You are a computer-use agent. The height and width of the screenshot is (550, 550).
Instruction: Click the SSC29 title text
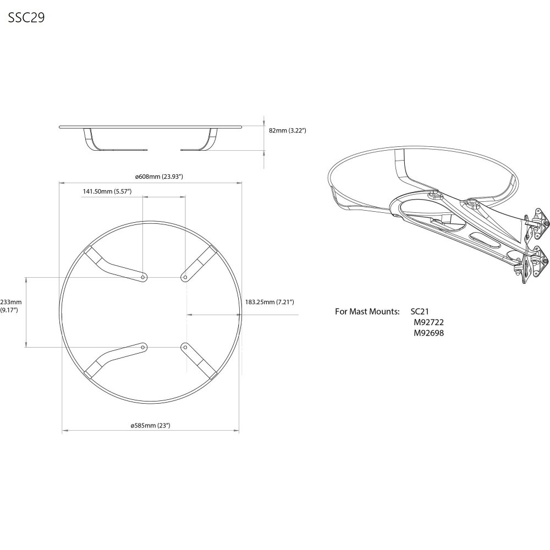point(26,18)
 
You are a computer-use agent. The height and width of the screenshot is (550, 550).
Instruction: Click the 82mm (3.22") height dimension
point(288,130)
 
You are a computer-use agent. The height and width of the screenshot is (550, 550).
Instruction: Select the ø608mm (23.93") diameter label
point(159,177)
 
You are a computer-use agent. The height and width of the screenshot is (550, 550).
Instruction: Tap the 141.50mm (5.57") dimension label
point(107,191)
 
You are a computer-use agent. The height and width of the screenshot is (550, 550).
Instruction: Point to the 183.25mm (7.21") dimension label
point(269,301)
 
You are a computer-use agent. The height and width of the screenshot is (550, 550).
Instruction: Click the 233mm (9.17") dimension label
point(10,306)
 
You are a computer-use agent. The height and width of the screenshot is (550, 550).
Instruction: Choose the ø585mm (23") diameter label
point(151,426)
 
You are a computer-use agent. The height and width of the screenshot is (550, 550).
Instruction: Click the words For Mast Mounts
point(367,311)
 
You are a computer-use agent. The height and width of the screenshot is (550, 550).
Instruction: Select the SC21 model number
point(420,311)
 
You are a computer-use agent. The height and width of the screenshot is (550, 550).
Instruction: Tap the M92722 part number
point(428,322)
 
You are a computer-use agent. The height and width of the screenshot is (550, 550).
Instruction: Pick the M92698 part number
point(428,333)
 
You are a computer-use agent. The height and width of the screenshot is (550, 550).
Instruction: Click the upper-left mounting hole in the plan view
point(143,277)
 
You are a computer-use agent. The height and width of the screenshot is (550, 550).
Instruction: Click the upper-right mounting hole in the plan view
point(185,277)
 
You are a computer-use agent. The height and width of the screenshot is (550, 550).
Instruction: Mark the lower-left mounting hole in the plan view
point(143,347)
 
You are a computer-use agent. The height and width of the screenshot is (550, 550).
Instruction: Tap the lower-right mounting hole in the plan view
point(185,347)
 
